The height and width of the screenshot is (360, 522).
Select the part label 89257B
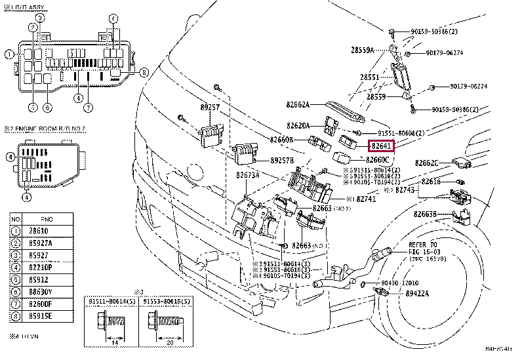[284, 160]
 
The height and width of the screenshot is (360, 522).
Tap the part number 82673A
[247, 176]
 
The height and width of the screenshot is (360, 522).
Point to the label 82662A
[297, 104]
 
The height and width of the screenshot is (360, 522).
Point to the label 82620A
[298, 125]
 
